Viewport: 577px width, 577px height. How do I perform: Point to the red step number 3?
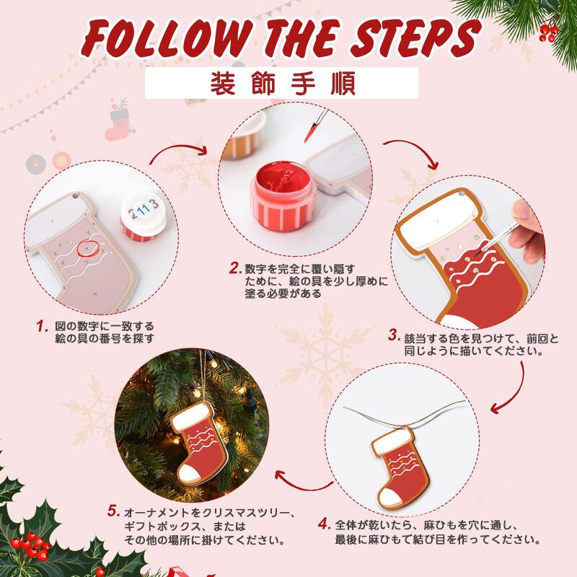(394, 335)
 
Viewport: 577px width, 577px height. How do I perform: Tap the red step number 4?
(324, 522)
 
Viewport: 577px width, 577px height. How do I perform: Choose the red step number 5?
(113, 510)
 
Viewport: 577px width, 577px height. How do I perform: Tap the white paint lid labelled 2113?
(143, 212)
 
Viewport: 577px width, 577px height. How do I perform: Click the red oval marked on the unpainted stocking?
(87, 247)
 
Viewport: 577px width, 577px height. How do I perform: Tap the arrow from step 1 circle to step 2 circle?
(180, 151)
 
